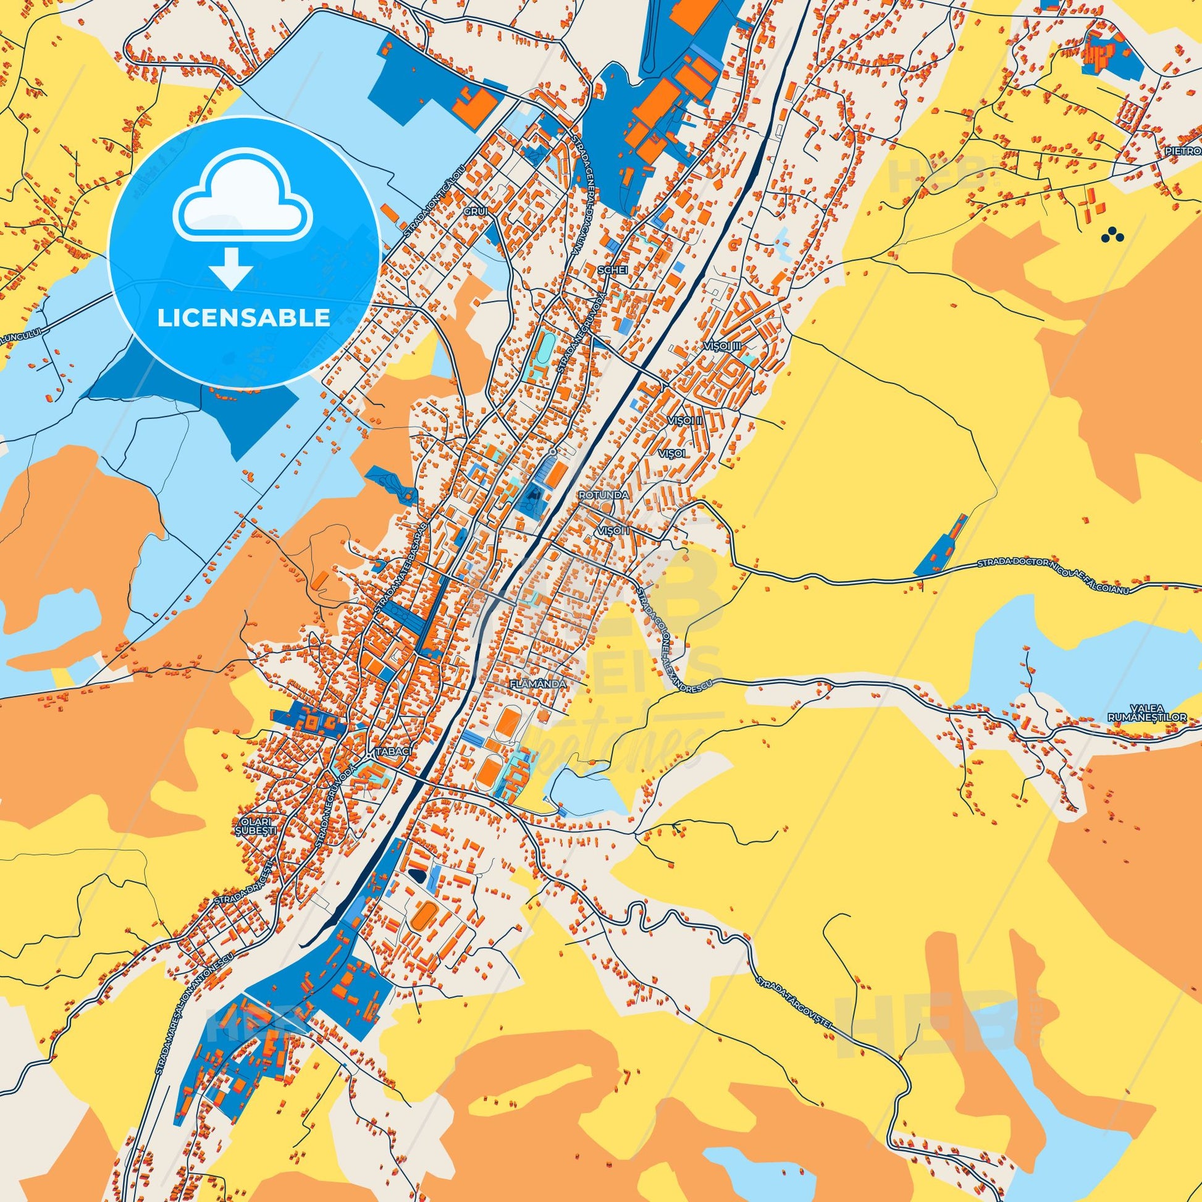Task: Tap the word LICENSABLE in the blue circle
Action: tap(243, 318)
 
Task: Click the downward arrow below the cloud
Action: tap(230, 268)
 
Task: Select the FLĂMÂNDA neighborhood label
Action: tap(537, 684)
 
